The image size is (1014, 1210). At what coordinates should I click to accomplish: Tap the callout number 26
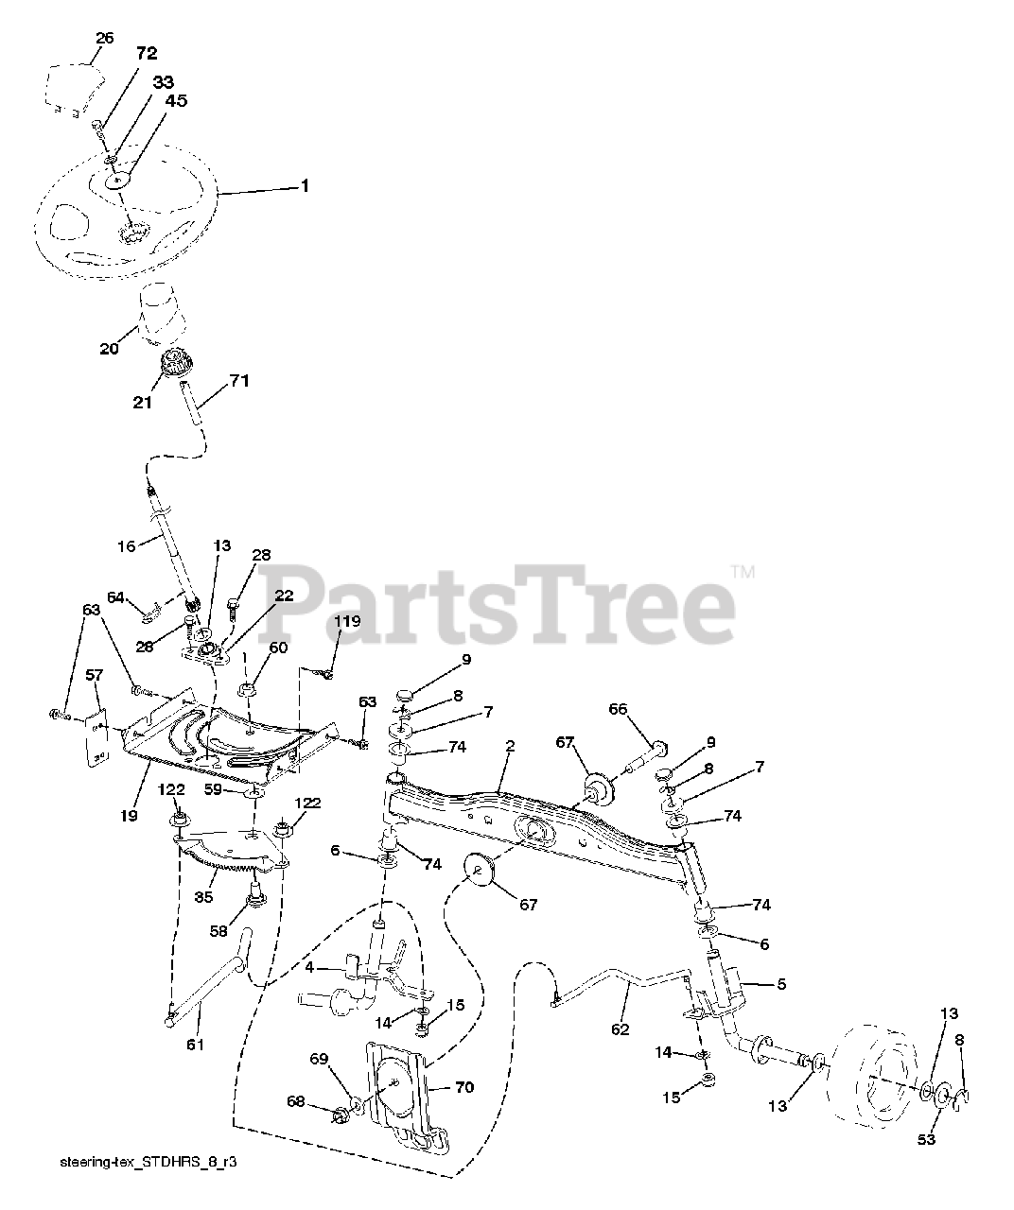click(105, 39)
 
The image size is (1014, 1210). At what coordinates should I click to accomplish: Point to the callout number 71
click(239, 382)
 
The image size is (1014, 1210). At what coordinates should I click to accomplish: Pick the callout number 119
click(349, 622)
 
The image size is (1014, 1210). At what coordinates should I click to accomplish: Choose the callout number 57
click(94, 677)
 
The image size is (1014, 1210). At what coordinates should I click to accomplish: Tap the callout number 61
click(195, 1045)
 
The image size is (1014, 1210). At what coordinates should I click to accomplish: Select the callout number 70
click(463, 1087)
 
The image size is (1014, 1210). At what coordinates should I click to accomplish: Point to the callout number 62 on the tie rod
click(620, 1029)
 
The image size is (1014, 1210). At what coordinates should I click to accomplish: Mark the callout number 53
click(926, 1140)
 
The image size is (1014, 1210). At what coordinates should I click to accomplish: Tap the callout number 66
click(618, 709)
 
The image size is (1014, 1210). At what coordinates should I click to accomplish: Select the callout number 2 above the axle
click(509, 747)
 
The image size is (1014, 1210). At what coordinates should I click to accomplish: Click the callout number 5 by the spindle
click(781, 984)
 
